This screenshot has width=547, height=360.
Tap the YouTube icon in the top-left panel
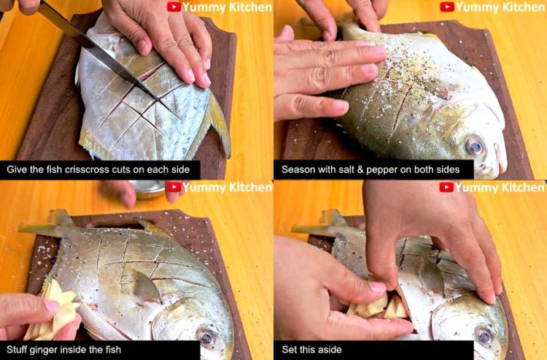[x=174, y=7]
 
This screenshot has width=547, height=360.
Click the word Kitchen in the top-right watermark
[x=519, y=7]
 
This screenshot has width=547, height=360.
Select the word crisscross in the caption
[x=102, y=170]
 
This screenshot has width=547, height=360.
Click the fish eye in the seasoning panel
[x=475, y=145]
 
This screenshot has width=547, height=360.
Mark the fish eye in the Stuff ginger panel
[x=206, y=337]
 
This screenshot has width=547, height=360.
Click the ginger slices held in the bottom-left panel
[x=58, y=310]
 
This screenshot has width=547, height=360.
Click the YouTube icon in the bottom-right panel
[x=446, y=187]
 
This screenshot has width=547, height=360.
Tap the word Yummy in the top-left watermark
[x=203, y=7]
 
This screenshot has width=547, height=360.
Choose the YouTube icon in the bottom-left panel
[x=174, y=187]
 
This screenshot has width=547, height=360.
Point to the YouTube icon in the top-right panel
[x=447, y=7]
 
